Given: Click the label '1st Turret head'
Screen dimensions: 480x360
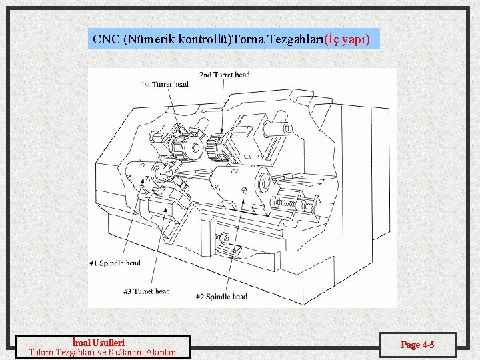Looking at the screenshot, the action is click(x=165, y=84).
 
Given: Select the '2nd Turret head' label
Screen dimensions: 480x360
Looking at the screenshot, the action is click(x=225, y=75).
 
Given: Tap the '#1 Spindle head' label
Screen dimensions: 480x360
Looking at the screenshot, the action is click(x=115, y=263).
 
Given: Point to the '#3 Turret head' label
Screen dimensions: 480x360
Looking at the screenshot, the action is click(x=146, y=291).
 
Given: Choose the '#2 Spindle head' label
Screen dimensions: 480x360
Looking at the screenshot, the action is click(x=222, y=296).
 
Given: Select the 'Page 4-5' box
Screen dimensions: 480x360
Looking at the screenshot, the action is click(x=417, y=345).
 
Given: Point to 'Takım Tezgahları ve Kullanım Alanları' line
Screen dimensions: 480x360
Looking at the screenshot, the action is click(x=103, y=353).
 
